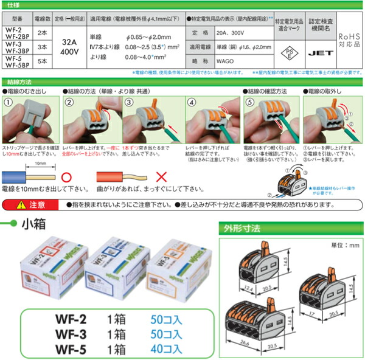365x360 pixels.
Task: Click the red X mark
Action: pyautogui.click(x=161, y=178)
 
